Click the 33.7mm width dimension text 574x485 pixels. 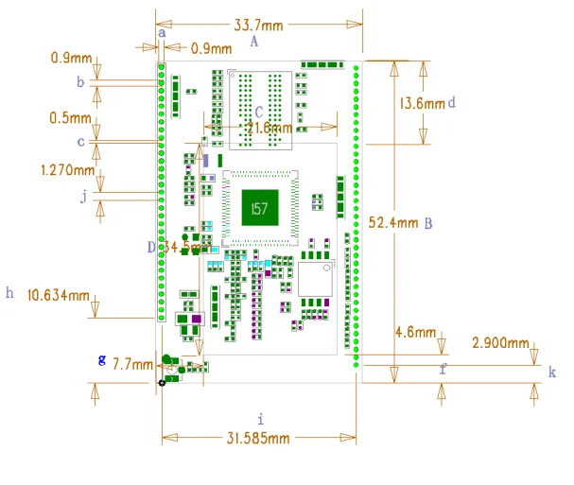257,25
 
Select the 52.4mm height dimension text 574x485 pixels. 392,223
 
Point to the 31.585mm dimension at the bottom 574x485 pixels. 257,437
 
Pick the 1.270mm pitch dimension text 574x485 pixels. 68,170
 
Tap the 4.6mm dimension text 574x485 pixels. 414,333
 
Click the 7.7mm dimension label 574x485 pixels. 132,363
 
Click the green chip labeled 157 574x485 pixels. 257,207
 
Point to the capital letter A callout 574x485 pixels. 253,42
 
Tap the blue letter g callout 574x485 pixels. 102,359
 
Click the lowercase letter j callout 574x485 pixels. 84,197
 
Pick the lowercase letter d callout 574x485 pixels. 452,101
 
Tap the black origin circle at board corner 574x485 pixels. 162,382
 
